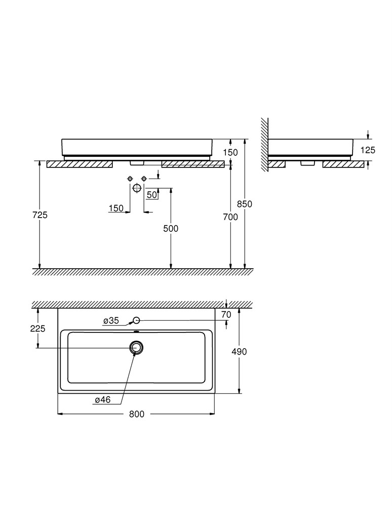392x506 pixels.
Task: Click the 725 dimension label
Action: [x=40, y=215]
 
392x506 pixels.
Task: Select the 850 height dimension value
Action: [x=245, y=204]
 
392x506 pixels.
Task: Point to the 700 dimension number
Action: [x=230, y=217]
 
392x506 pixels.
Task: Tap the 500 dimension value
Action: [x=171, y=229]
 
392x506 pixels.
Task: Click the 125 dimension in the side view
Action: [x=368, y=150]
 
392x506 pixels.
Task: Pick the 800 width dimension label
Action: [x=137, y=414]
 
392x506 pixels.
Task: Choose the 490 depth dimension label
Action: [x=239, y=352]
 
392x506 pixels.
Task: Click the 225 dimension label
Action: [x=38, y=328]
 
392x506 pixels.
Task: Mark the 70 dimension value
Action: [x=226, y=314]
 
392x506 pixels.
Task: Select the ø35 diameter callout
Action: [x=111, y=320]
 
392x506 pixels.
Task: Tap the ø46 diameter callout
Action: [x=103, y=400]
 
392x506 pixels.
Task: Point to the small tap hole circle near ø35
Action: [x=137, y=320]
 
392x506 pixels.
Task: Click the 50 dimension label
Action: [x=152, y=195]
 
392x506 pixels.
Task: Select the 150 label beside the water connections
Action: [x=116, y=208]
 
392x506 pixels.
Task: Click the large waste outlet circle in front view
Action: [x=137, y=188]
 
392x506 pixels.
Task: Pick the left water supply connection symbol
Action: [x=130, y=179]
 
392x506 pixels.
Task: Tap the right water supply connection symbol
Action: [x=144, y=179]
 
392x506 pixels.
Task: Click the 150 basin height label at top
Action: [x=230, y=152]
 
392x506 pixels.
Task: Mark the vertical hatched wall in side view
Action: [x=264, y=144]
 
